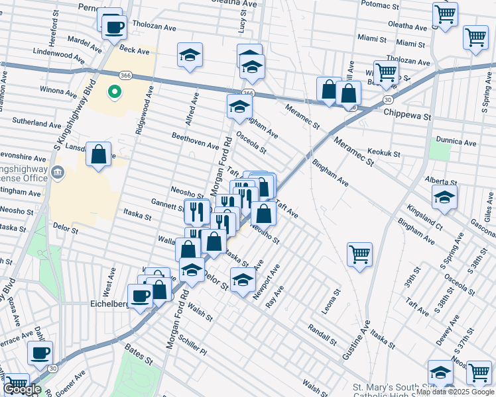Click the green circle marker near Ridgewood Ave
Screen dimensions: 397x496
[x=114, y=93]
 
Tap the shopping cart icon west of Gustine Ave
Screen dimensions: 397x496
[x=359, y=254]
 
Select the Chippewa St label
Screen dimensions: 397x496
[x=407, y=115]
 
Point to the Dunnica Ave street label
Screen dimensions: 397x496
[x=456, y=142]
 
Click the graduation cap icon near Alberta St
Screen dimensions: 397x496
[x=444, y=196]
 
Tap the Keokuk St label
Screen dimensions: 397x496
[x=384, y=154]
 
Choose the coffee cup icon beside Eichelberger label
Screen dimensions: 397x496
[x=140, y=296]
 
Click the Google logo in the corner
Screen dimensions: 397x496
[x=23, y=389]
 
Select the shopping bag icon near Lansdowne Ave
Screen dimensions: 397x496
[x=99, y=155]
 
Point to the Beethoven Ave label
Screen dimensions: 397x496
[x=195, y=140]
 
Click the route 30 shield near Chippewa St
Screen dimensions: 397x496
[x=387, y=99]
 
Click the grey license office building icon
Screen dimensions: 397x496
[x=58, y=173]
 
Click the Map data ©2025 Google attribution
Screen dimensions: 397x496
[x=455, y=392]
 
